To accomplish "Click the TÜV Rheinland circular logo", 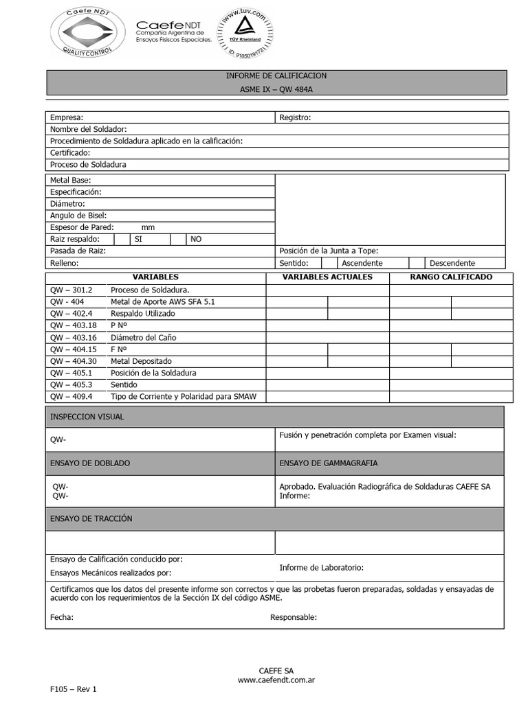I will point(244,32).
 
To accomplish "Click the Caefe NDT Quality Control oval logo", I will point(88,34).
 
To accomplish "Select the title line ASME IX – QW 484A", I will point(276,88).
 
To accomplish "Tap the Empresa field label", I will point(67,117).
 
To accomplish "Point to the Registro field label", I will point(295,117).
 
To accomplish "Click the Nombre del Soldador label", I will point(89,129).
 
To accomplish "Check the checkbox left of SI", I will point(122,239).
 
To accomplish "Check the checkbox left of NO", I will point(178,239).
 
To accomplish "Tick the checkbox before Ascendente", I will point(329,263).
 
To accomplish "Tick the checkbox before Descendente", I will point(417,263).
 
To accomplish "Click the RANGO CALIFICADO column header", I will point(450,277).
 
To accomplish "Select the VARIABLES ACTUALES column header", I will point(327,277).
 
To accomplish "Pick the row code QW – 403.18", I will point(74,325).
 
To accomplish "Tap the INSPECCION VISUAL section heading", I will point(87,417).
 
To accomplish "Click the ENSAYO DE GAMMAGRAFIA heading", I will point(328,463).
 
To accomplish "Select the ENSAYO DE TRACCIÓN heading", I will point(91,518).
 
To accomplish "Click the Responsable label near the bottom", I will point(294,617).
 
